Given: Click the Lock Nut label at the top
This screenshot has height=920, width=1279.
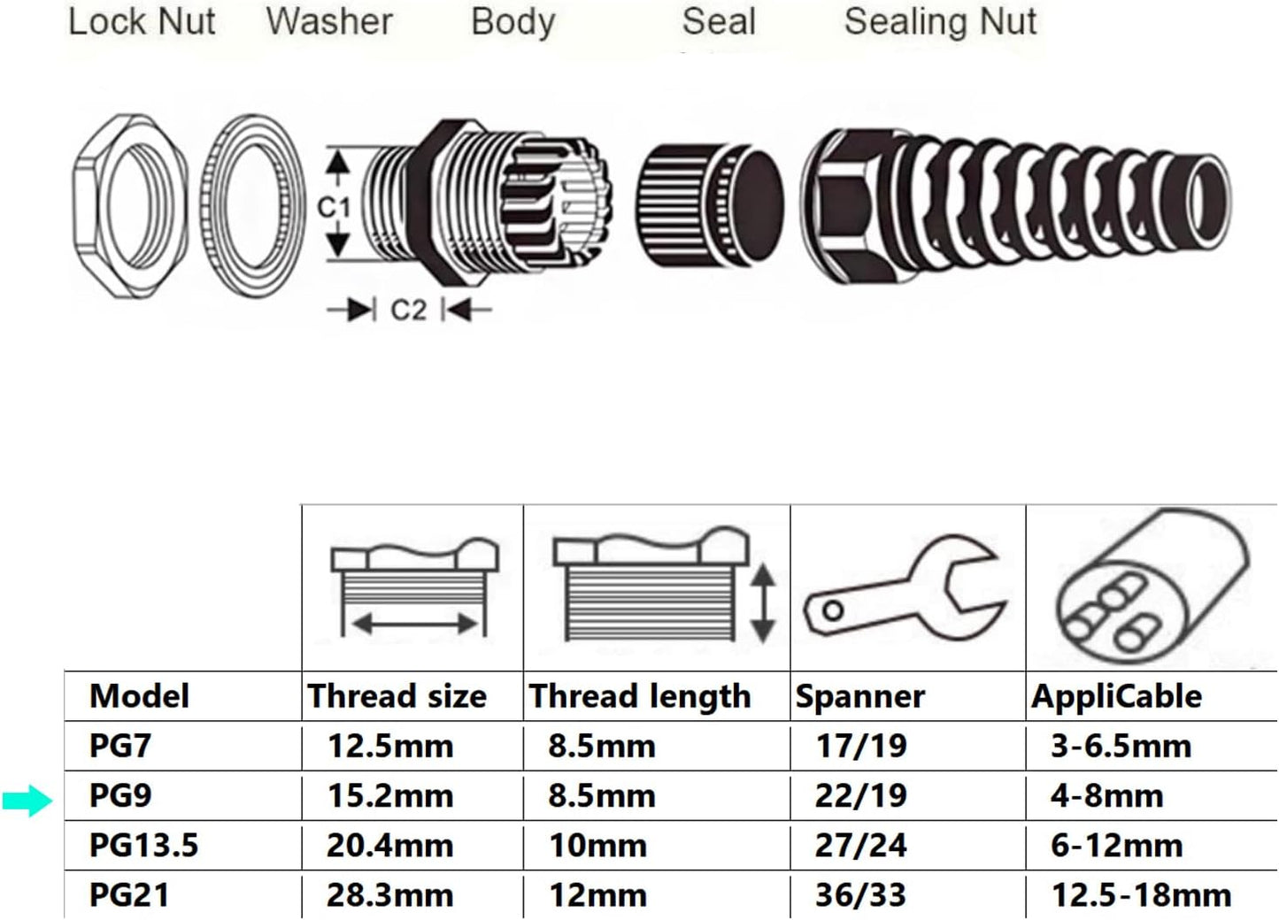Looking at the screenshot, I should pos(142,21).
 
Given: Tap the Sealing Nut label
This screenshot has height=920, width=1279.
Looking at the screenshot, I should pos(940,21).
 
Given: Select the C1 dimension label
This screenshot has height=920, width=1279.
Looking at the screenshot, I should pos(334,207).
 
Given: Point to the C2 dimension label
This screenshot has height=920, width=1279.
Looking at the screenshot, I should pos(408,310).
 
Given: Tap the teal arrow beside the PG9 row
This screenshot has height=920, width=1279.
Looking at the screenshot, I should pos(27,801).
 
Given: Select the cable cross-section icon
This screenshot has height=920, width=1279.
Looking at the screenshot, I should pos(1151,588).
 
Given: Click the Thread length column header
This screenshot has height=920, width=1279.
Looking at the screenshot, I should pos(640,696).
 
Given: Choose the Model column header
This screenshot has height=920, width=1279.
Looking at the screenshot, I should pos(139,696).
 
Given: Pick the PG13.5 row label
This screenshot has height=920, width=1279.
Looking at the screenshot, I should pos(143,845).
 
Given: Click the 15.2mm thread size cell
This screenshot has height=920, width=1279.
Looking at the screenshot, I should pos(390,795).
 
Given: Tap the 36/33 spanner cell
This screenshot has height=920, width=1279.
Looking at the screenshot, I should pos(860,894).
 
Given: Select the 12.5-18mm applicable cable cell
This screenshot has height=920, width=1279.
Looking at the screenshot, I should pos(1141,894).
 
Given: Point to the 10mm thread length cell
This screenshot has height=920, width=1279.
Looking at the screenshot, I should pos(597,845).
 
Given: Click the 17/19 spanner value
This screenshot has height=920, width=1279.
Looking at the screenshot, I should pos(860,746).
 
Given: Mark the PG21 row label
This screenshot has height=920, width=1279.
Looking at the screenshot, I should pos(129,894).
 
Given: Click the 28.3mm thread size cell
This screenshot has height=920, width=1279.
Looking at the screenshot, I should pos(390,894).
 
